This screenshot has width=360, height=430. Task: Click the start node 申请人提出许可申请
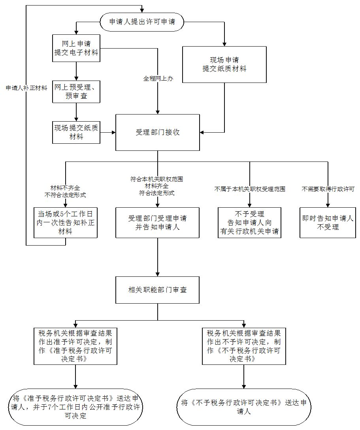(142, 23)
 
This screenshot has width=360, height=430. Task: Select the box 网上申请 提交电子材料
(76, 48)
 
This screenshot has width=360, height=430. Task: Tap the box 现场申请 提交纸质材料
(224, 64)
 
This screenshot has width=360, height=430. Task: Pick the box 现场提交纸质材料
(76, 132)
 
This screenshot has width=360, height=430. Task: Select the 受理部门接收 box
(158, 132)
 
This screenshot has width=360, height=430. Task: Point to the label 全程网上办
(158, 79)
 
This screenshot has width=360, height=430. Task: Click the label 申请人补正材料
(26, 88)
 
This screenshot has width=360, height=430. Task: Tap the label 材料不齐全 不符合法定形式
(65, 191)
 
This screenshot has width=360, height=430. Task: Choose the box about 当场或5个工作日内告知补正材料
(65, 223)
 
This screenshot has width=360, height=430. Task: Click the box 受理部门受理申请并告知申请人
(158, 223)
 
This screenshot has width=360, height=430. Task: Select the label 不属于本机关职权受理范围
(250, 189)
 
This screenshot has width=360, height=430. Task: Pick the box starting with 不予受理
(250, 223)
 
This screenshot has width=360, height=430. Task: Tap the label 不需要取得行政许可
(328, 189)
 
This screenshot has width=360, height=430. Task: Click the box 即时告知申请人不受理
(328, 223)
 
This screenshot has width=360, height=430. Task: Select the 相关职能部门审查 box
(158, 290)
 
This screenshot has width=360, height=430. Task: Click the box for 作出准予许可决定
(75, 346)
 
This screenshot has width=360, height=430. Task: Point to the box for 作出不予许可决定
(244, 346)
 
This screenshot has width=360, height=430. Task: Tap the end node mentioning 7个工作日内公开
(75, 407)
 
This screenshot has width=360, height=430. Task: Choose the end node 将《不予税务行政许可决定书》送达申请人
(244, 407)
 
